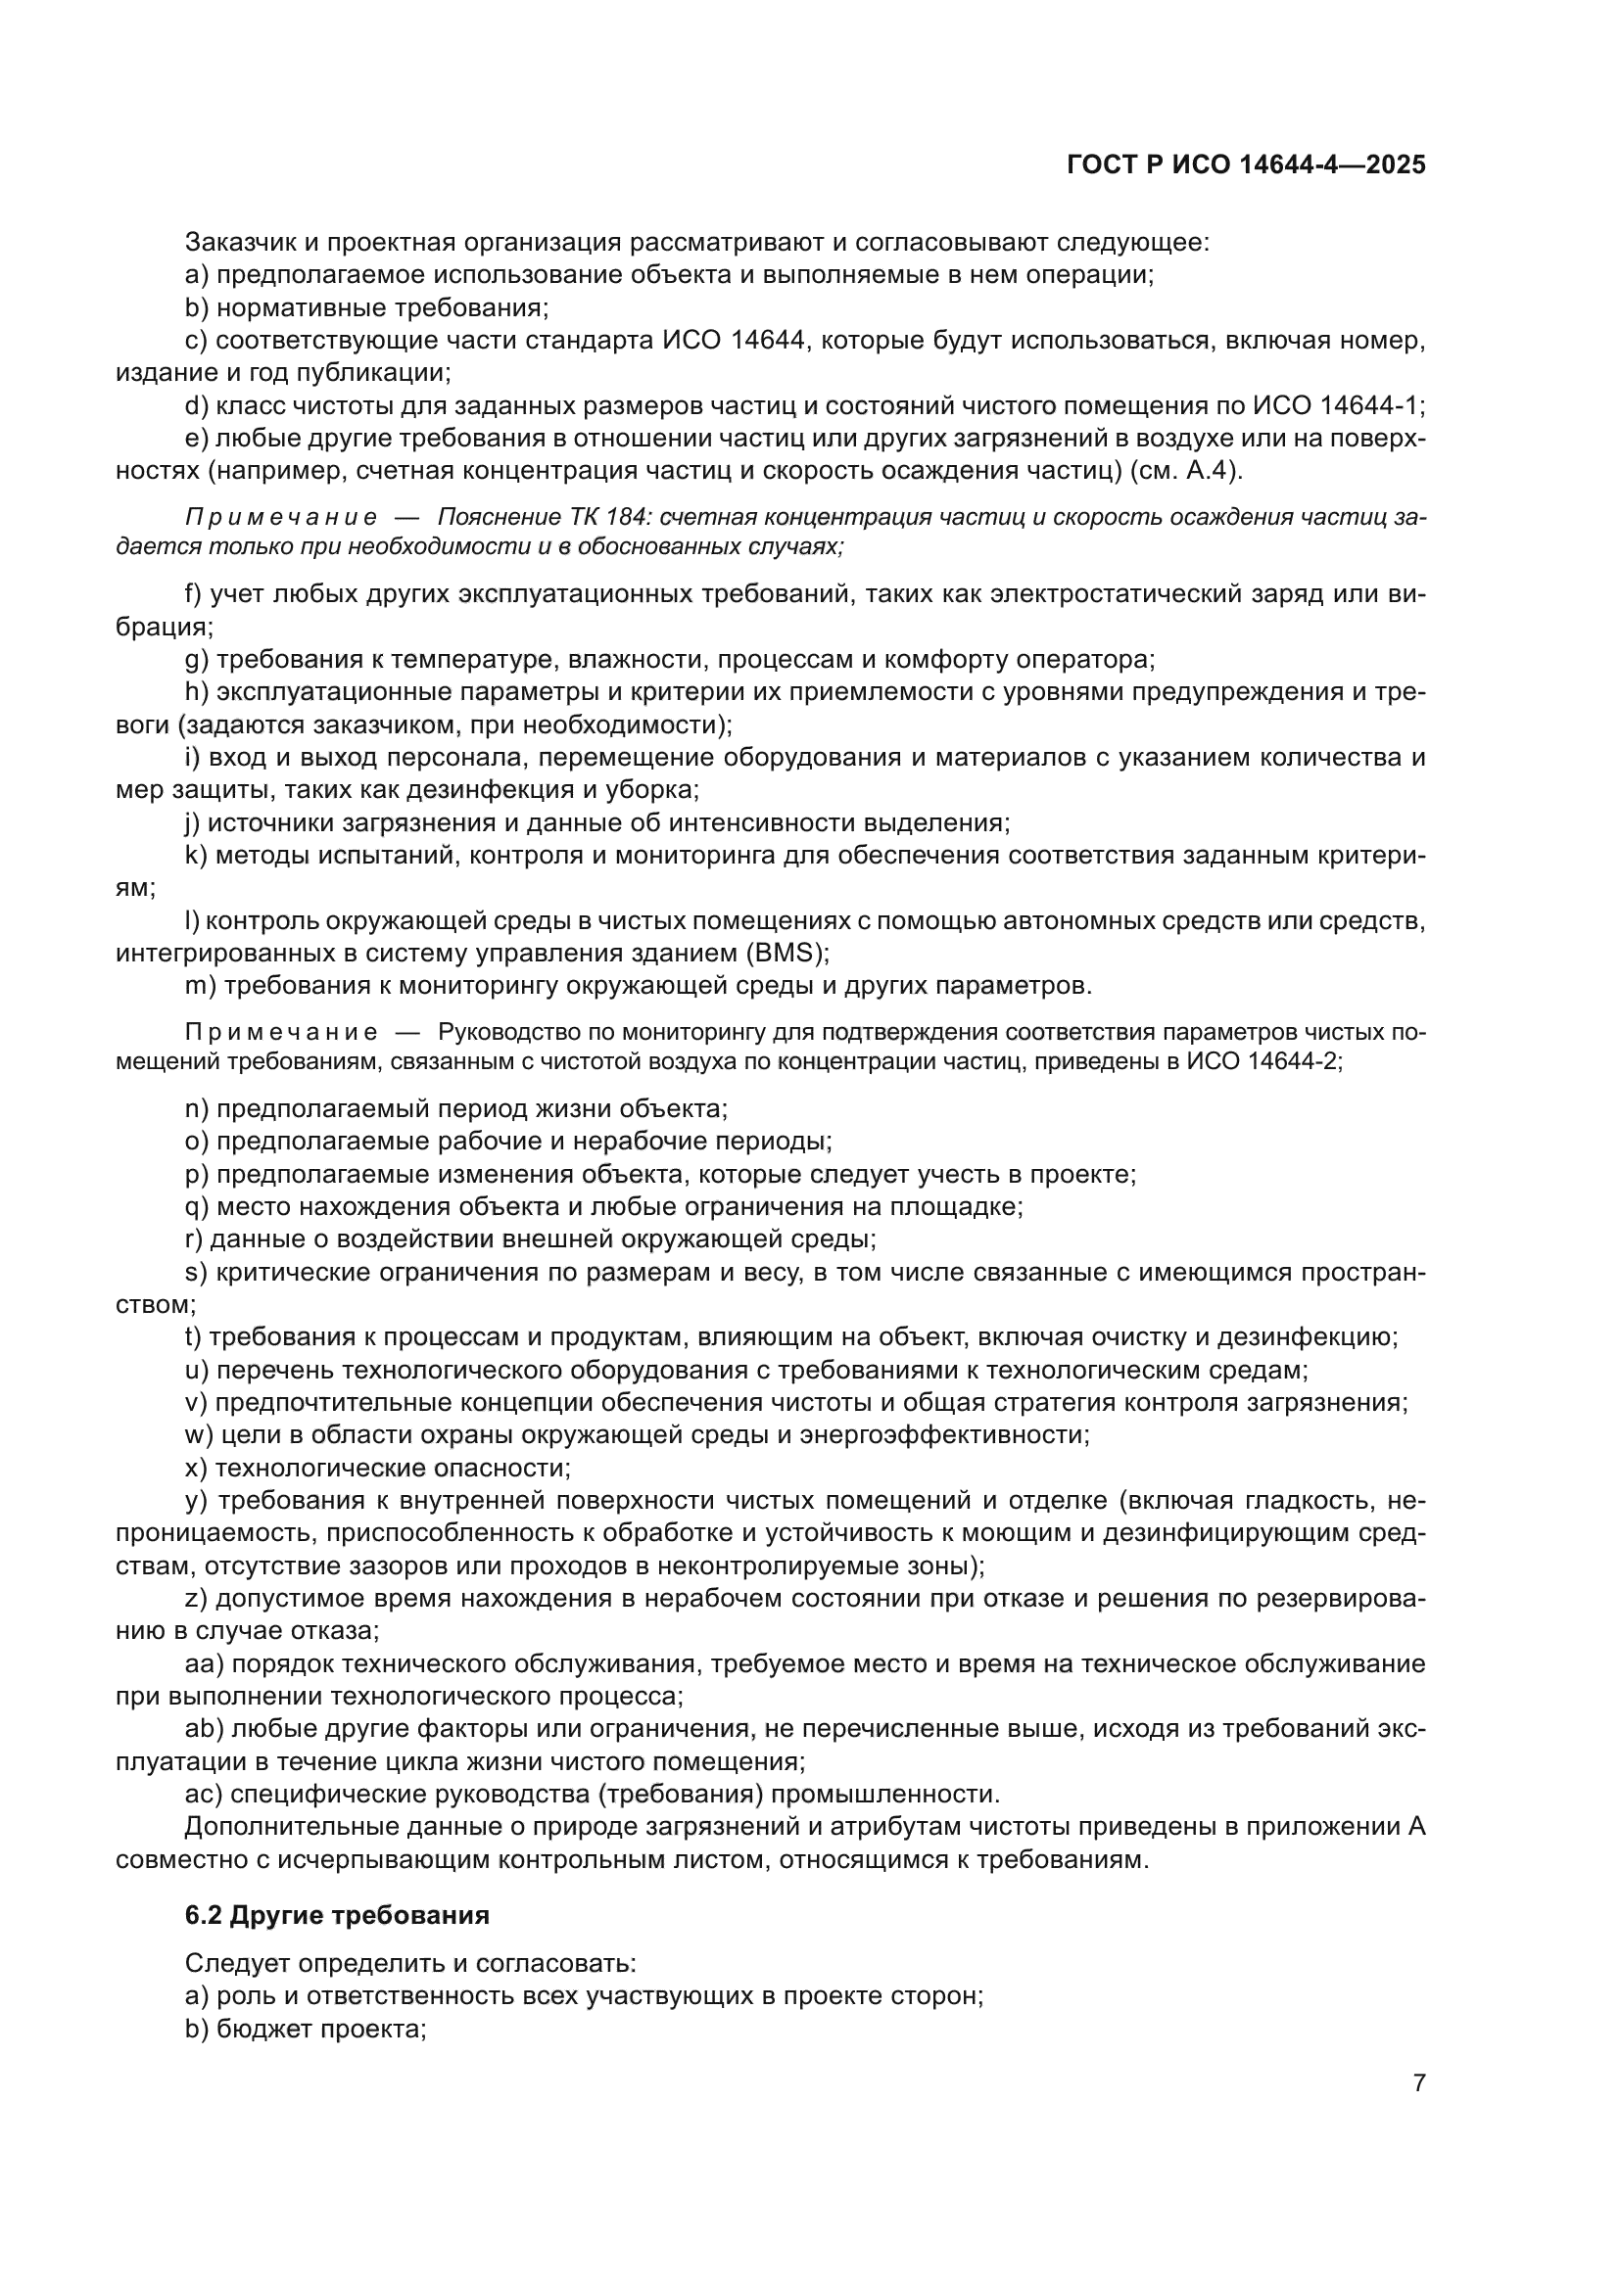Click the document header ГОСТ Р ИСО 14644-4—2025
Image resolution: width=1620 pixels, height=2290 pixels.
(x=1246, y=165)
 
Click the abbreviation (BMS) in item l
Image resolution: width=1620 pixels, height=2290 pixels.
(x=786, y=953)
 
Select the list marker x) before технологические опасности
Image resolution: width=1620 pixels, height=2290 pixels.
(x=197, y=1468)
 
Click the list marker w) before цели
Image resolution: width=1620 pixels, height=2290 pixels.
(x=199, y=1434)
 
